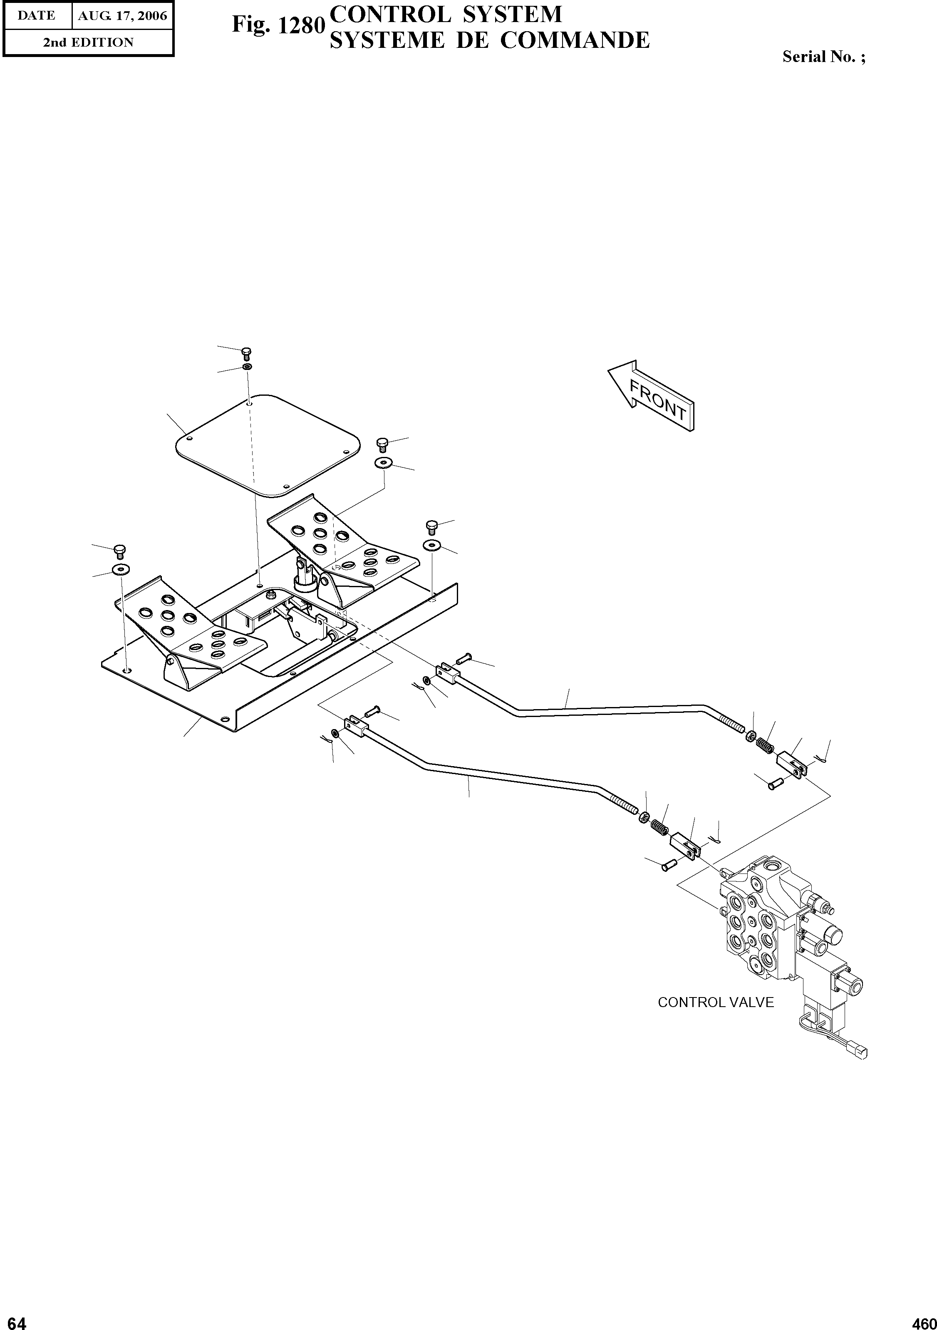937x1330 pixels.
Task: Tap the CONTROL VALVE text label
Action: tap(715, 1002)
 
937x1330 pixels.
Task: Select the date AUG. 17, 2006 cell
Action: tap(122, 16)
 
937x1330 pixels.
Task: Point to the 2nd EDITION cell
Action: tap(88, 42)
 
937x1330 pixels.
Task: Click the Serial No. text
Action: tap(823, 57)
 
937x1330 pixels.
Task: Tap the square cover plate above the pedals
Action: tap(268, 444)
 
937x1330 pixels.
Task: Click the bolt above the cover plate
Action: tap(245, 353)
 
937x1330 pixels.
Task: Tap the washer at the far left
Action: tap(119, 569)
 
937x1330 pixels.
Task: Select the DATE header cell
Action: tap(37, 16)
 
